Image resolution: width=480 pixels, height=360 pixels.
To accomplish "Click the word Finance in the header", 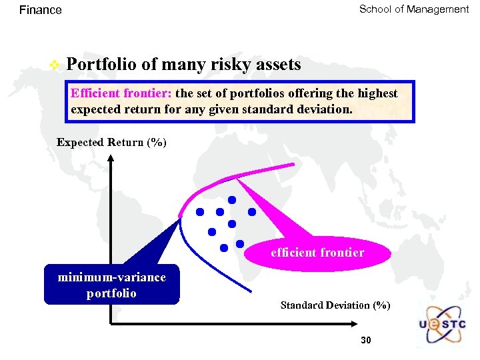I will (x=40, y=10).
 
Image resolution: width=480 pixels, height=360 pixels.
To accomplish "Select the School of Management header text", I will (x=413, y=9).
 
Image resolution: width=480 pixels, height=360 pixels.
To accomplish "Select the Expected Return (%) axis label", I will (x=111, y=143).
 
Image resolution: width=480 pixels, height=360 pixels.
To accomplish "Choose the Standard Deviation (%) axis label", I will (x=335, y=305).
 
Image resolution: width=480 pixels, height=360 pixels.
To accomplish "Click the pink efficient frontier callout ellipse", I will (x=317, y=253).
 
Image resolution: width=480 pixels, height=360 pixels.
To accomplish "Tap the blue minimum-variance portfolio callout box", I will (x=111, y=285).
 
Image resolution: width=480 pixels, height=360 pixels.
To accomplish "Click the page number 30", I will (x=365, y=341).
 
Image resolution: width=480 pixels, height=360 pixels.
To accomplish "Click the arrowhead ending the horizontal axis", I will (x=357, y=325).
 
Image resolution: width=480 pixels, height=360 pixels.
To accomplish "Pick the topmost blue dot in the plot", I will (x=232, y=199).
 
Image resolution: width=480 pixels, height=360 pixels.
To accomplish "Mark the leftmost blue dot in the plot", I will (x=199, y=212).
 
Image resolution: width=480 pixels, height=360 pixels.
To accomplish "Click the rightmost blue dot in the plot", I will (x=252, y=212).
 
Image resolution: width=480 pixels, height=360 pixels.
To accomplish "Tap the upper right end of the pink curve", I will (x=292, y=164).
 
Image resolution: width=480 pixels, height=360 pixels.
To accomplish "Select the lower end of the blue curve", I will (x=252, y=291).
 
